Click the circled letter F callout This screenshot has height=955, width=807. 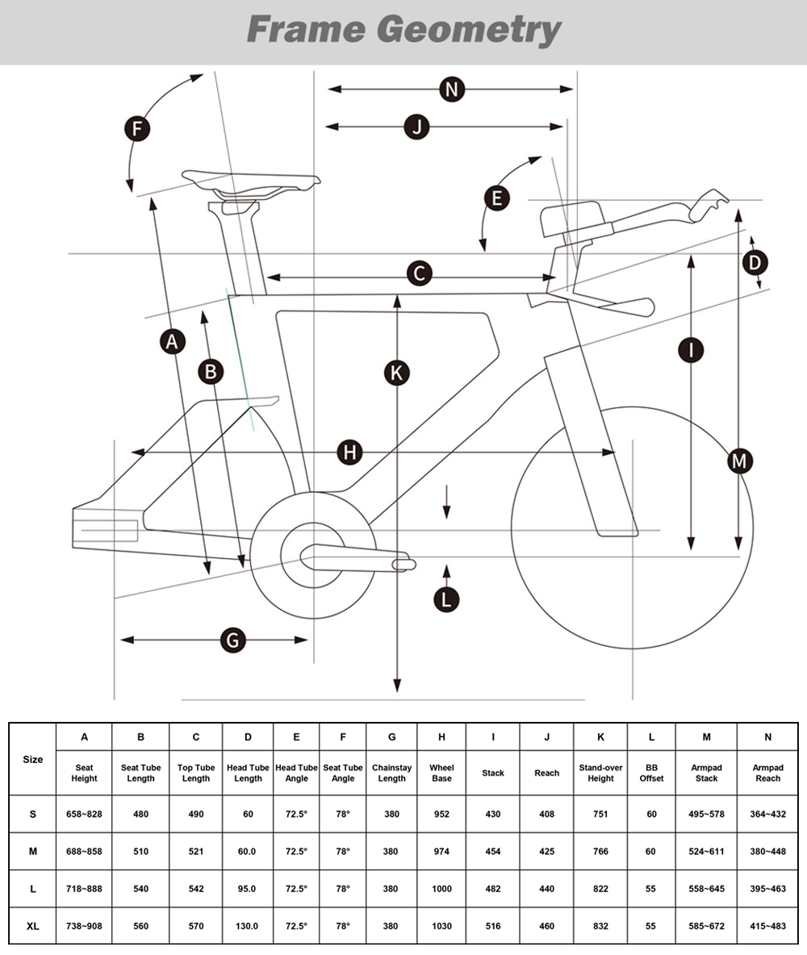(139, 129)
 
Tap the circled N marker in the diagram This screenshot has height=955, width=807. (452, 89)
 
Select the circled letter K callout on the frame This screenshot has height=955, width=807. (396, 373)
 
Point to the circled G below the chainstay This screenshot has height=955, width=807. (232, 640)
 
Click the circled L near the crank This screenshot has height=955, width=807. (445, 598)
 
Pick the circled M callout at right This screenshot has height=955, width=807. (739, 461)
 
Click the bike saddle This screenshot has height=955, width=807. (250, 179)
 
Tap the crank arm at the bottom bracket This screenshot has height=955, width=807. (355, 557)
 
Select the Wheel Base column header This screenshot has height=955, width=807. (441, 773)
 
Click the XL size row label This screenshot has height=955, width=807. (33, 926)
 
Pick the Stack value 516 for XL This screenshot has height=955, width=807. (493, 926)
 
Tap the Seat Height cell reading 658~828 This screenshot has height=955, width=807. (84, 814)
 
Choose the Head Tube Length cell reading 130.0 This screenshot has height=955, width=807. (248, 926)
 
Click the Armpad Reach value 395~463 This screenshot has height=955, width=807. (767, 888)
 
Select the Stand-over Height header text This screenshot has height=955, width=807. (600, 773)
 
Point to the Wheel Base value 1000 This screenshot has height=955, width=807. (441, 888)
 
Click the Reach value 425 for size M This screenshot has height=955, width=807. (546, 851)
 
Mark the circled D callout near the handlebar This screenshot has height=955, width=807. (755, 262)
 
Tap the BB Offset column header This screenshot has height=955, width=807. (651, 773)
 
